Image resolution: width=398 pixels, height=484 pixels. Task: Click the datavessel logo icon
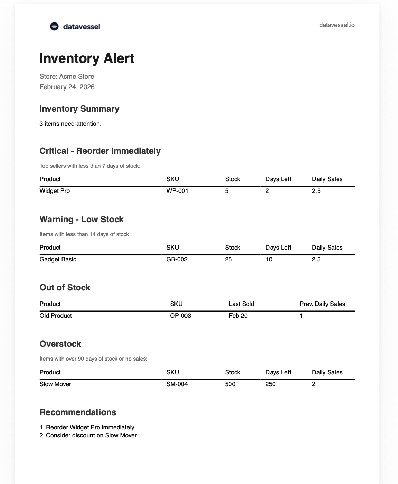pos(54,26)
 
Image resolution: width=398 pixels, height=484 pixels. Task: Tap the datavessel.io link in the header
pos(337,25)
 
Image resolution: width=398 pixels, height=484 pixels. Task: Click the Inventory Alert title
pos(87,58)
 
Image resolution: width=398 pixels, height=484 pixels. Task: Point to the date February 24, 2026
pos(67,87)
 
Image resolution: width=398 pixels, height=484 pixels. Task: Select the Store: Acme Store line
pos(67,76)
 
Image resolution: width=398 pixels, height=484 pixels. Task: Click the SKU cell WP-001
pos(177,191)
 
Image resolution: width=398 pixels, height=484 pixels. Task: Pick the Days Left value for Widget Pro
pos(267,191)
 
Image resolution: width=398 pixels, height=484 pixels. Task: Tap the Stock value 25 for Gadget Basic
pos(228,259)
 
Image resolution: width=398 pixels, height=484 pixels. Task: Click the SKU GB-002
pos(177,259)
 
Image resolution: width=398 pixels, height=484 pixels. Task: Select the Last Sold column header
pos(241,304)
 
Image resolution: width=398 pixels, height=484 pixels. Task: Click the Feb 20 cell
pos(238,316)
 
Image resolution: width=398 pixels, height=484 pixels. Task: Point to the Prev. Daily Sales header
pos(322,304)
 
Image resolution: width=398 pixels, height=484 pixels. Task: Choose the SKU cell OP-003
pos(180,316)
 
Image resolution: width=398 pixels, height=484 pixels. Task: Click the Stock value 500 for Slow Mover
pos(230,384)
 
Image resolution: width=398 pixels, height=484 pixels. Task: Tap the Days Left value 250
pos(271,384)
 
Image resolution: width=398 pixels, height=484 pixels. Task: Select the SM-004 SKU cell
pos(177,384)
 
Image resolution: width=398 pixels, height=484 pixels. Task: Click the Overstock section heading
pos(60,344)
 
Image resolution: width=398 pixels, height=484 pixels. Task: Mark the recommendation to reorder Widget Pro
pos(87,427)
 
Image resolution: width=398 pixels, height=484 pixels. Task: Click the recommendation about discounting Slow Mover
pos(88,435)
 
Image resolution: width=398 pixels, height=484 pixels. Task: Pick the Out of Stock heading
pos(65,288)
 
